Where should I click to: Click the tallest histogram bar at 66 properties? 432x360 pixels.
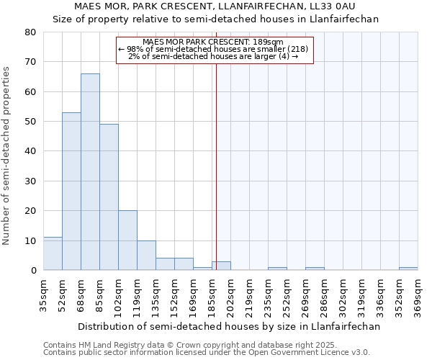click(x=90, y=172)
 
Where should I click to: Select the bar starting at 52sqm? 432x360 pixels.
click(x=71, y=192)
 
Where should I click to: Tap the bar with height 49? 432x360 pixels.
click(x=109, y=197)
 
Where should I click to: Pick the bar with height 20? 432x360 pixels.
click(x=127, y=240)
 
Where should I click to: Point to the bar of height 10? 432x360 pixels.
click(x=146, y=256)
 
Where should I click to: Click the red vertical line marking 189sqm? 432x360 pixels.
click(x=216, y=166)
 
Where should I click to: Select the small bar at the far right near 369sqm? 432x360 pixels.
click(x=408, y=269)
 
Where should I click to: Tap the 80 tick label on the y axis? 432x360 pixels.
click(x=30, y=32)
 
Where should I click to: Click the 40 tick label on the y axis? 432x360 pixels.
click(x=30, y=151)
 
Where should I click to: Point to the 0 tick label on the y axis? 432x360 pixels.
click(x=32, y=271)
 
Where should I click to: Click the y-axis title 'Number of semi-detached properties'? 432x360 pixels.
click(x=7, y=156)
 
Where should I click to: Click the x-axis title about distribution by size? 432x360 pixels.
click(x=228, y=326)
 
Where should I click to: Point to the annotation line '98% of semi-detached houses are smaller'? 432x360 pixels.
click(x=214, y=49)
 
